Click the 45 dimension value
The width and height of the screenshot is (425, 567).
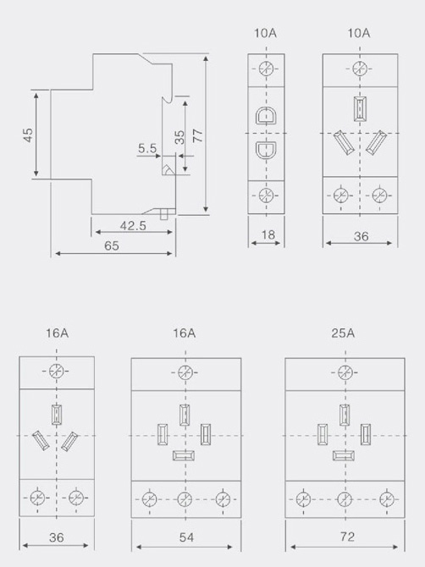coord(28,135)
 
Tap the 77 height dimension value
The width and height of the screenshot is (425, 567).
coord(198,135)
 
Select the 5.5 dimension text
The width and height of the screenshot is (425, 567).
coord(147,148)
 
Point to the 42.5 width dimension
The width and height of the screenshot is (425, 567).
coord(133,226)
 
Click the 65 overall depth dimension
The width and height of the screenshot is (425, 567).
coord(112,246)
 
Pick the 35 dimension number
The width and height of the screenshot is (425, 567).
coord(179,137)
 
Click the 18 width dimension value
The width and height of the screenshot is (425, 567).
coord(268,235)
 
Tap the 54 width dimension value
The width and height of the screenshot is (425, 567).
coord(186,537)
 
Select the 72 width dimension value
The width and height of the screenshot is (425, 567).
coord(347,537)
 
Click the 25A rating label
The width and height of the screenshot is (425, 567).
coord(343,333)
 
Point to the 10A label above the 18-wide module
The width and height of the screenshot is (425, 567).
coord(265,33)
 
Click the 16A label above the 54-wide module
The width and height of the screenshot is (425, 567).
coord(184,333)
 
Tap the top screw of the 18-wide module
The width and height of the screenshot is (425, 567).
coord(266,69)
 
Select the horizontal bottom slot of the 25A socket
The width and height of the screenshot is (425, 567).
coord(344,455)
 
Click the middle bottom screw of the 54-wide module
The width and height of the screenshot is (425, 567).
coord(185,499)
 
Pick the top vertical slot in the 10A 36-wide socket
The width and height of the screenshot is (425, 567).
coord(361,108)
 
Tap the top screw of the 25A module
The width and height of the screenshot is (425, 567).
coord(345,372)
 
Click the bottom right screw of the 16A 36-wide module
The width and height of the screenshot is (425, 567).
coord(75,498)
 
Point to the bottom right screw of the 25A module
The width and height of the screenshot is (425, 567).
coord(387,499)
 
